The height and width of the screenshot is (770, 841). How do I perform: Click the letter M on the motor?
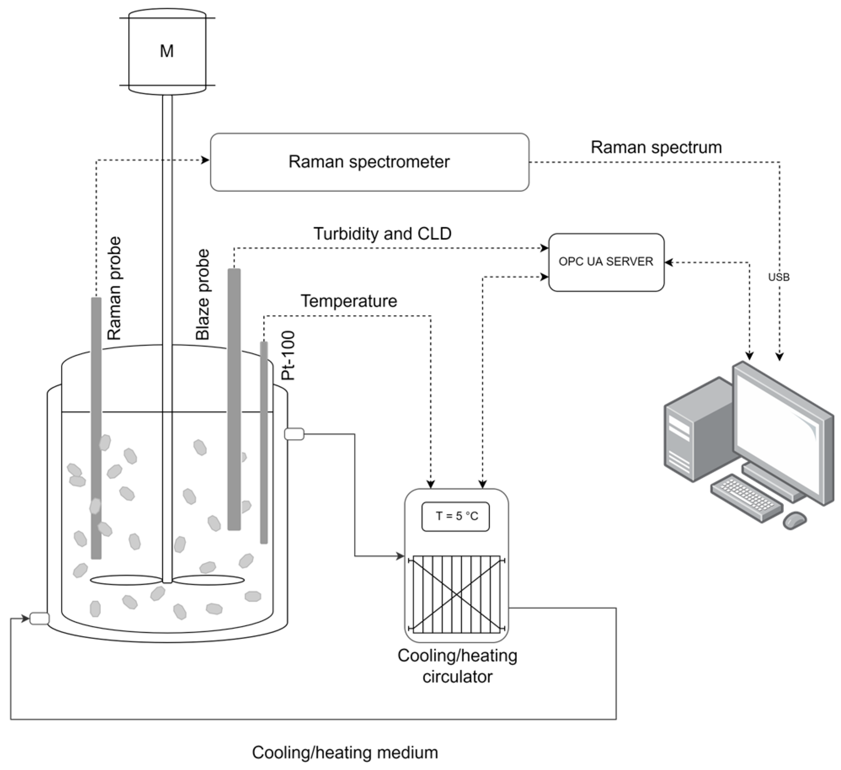(x=167, y=51)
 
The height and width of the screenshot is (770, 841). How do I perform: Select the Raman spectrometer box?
(x=369, y=162)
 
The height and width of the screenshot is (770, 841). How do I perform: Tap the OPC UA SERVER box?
(x=606, y=262)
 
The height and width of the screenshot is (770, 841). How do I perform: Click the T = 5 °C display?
(x=456, y=516)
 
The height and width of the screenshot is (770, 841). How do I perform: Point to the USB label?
(x=778, y=277)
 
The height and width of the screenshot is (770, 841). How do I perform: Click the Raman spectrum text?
(x=656, y=147)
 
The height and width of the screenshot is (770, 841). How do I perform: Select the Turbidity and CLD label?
(x=382, y=234)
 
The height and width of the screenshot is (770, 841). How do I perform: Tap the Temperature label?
(x=349, y=301)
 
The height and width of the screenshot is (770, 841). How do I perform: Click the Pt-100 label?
(x=289, y=356)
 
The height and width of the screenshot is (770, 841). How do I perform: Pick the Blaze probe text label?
(x=203, y=295)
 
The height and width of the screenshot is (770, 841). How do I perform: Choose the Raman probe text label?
(x=114, y=288)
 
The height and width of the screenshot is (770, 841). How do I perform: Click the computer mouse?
(x=794, y=520)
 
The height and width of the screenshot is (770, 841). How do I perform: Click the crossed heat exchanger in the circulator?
(x=457, y=594)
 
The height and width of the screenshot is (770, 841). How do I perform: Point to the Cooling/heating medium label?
(x=345, y=752)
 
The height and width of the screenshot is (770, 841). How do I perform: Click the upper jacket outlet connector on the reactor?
(x=294, y=434)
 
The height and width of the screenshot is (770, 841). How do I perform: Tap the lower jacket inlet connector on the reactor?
(x=39, y=618)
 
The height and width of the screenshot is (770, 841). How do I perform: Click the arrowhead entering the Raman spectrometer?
(x=206, y=160)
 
